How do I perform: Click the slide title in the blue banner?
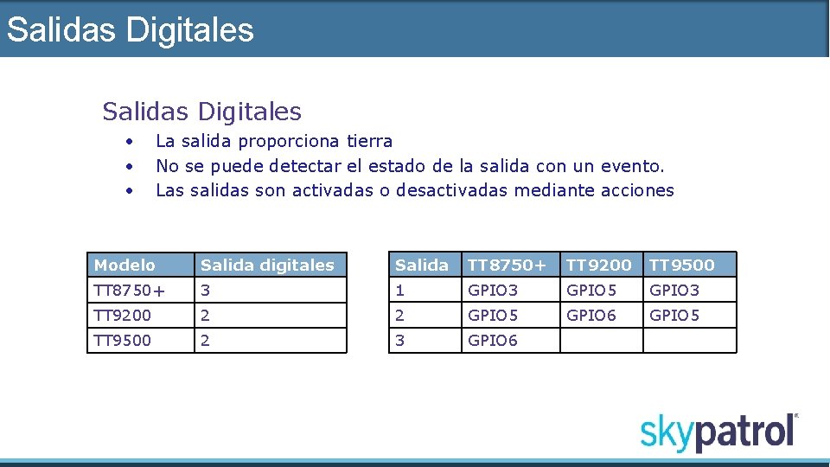pos(131,29)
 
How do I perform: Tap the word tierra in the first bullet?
pos(369,141)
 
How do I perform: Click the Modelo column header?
pos(124,265)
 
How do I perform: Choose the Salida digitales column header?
pos(267,265)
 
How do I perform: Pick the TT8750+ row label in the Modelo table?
pos(129,290)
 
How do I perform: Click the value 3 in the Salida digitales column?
pos(205,290)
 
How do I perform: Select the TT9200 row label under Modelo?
pos(123,315)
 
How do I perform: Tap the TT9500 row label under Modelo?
pos(123,340)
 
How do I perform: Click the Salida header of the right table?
pos(422,265)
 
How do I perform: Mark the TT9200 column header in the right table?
pos(599,265)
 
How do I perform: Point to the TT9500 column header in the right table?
pos(682,265)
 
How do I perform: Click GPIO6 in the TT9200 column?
pos(591,315)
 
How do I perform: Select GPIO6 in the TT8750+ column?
pos(493,340)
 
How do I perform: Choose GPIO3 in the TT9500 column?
pos(674,290)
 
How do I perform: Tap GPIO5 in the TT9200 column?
pos(591,290)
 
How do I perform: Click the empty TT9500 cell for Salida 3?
pos(690,340)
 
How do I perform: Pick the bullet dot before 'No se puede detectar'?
pos(128,165)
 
